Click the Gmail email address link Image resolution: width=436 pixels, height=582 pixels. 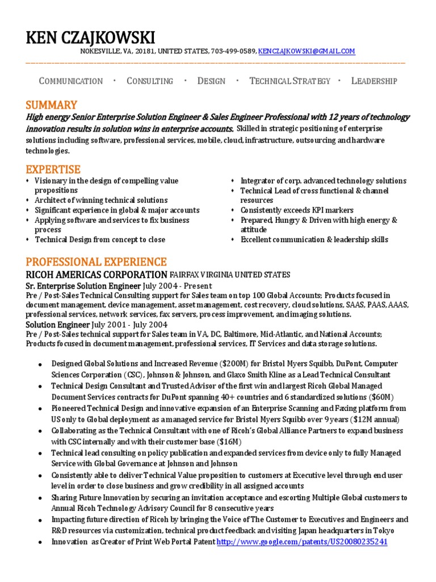307,51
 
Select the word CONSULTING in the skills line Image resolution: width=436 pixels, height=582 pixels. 150,81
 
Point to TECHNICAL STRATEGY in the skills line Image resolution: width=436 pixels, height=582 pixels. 290,81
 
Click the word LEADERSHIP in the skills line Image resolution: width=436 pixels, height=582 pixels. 374,81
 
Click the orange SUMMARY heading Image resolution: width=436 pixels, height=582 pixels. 51,105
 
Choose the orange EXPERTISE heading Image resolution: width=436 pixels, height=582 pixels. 53,169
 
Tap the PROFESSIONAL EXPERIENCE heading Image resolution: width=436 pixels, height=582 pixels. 96,262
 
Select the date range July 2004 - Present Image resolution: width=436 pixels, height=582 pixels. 178,286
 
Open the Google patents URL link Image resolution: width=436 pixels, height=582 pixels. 302,542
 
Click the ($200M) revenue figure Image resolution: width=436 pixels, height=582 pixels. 238,364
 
